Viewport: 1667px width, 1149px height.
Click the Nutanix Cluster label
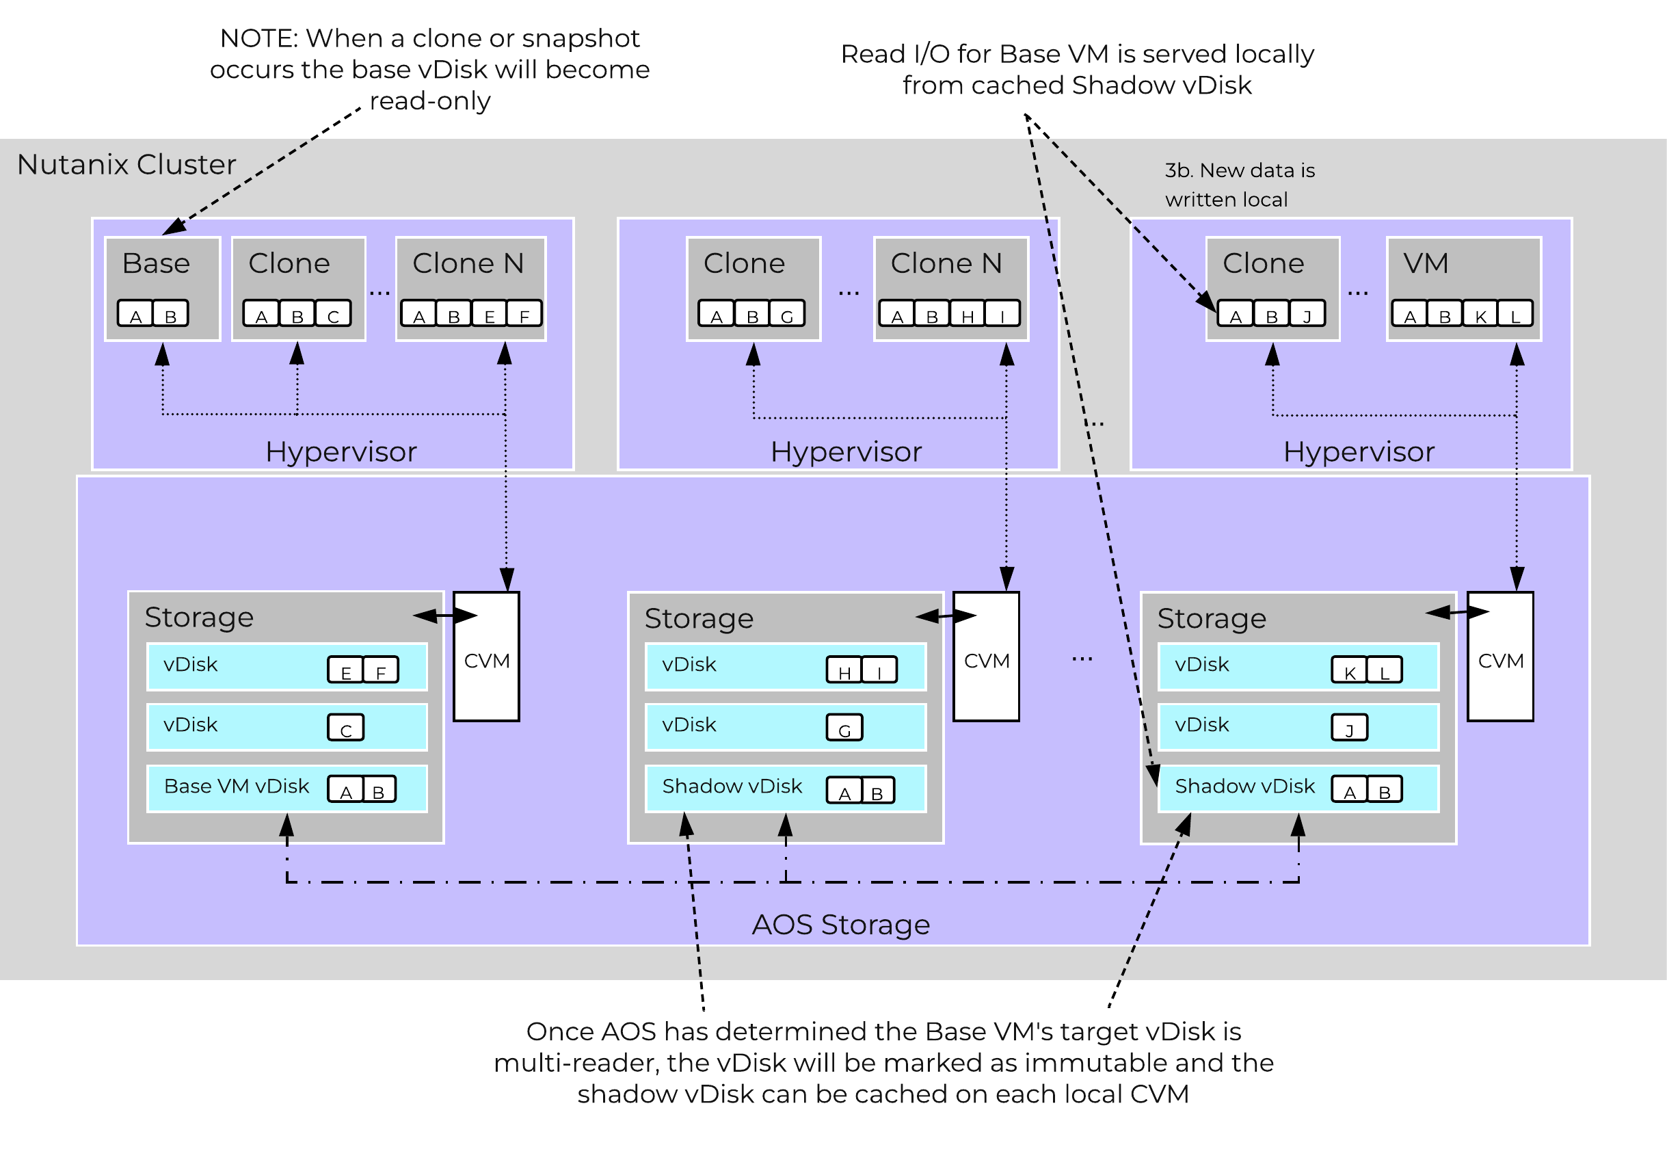126,165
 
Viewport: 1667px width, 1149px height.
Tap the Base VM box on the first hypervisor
162,288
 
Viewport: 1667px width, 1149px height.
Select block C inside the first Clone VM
333,315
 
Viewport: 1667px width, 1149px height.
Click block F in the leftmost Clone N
524,315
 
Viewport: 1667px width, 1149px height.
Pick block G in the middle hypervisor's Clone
787,315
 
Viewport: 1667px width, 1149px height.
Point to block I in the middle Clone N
1002,315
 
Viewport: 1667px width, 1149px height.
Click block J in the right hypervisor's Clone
1307,315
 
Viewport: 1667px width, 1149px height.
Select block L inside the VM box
1515,315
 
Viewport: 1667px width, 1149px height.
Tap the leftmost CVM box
487,657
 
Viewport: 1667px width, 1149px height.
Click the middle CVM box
986,657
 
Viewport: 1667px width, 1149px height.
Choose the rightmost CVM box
1500,657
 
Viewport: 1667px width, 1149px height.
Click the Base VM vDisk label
236,786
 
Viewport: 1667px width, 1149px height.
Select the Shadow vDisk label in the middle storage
732,786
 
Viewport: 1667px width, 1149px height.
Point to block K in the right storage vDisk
1350,672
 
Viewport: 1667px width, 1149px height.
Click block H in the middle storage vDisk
844,672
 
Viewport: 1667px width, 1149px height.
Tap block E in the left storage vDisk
345,672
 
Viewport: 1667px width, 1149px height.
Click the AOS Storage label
841,925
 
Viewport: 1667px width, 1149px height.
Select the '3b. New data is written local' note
1240,185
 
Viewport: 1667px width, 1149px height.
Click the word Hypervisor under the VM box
1358,452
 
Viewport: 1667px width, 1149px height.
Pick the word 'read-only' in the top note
429,101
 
